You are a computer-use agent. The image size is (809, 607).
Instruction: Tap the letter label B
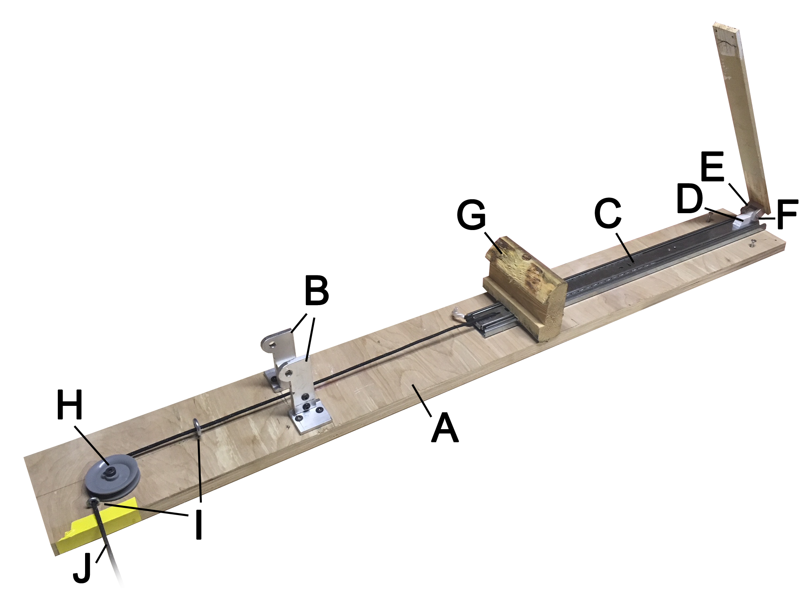tap(317, 290)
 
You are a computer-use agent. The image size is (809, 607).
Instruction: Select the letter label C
tap(608, 213)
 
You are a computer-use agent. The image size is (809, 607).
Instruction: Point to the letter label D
tap(689, 198)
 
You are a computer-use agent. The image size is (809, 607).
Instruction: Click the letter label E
tap(712, 167)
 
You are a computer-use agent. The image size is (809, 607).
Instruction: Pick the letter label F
tap(787, 215)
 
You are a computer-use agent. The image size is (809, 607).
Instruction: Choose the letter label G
tap(472, 216)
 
